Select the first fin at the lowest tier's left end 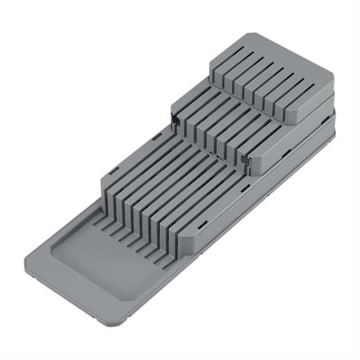111,181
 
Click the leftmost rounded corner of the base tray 36,249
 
